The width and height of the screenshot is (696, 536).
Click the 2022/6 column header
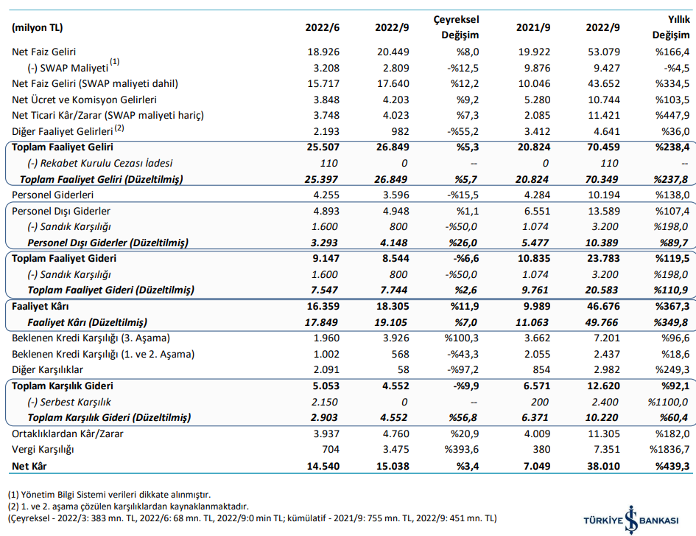pyautogui.click(x=323, y=27)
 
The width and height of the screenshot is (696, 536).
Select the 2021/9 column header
pyautogui.click(x=533, y=27)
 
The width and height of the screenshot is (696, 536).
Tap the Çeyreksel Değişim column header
pyautogui.click(x=457, y=27)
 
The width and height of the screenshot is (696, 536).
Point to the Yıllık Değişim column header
pyautogui.click(x=671, y=27)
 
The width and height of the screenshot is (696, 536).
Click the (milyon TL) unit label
pyautogui.click(x=38, y=27)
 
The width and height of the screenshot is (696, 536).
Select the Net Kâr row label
pyautogui.click(x=29, y=466)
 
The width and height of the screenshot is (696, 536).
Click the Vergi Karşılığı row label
pyautogui.click(x=43, y=449)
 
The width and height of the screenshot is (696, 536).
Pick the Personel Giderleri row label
pyautogui.click(x=53, y=195)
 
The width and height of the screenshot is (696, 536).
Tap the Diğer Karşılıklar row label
pyautogui.click(x=47, y=370)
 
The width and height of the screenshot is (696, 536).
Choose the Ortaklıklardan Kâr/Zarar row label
pyautogui.click(x=68, y=434)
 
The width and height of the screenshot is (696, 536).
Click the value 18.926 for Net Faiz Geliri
pyautogui.click(x=323, y=52)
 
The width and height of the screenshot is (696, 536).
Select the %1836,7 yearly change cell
pyautogui.click(x=669, y=449)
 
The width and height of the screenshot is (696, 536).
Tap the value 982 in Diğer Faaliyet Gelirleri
pyautogui.click(x=399, y=131)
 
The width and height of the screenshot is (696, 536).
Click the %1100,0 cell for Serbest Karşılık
pyautogui.click(x=668, y=402)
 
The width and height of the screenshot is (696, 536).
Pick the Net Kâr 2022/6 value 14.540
pyautogui.click(x=323, y=466)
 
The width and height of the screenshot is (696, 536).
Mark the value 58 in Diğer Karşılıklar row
pyautogui.click(x=403, y=370)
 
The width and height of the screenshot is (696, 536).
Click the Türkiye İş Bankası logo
pyautogui.click(x=630, y=520)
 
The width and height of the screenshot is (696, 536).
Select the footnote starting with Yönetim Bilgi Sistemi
pyautogui.click(x=109, y=494)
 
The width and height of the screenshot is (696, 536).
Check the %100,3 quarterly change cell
pyautogui.click(x=461, y=338)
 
